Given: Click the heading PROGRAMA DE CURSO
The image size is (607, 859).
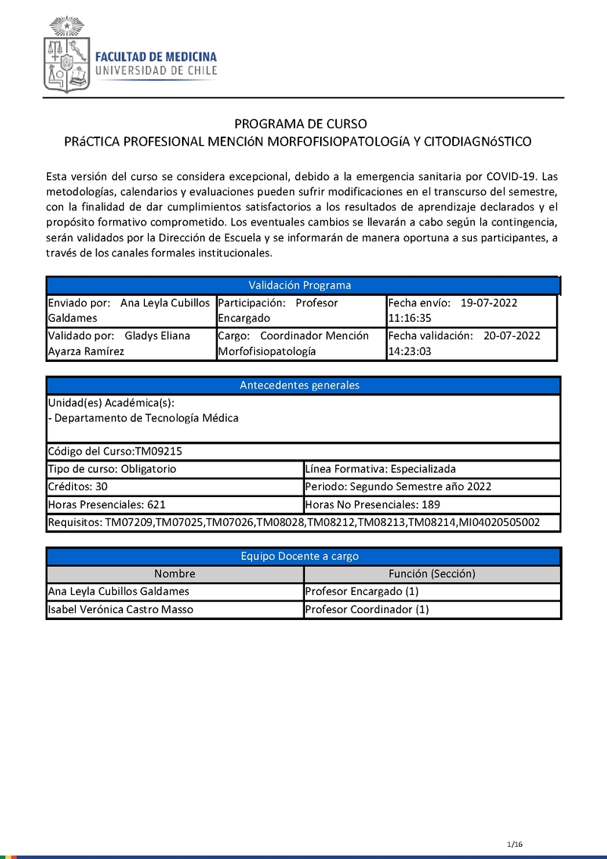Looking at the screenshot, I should pos(300,124).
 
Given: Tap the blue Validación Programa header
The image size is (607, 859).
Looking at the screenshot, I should pos(300,285).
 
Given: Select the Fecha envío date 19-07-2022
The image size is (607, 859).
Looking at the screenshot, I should pos(489,303).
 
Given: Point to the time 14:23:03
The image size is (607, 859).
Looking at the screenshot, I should pos(410,351).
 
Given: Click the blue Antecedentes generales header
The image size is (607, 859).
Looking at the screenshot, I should pos(300,385).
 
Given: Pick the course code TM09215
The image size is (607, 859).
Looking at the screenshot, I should pos(159,452).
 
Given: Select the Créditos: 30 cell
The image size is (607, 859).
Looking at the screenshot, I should pos(175,486).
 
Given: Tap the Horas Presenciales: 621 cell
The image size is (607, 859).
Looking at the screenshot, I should pos(175,505).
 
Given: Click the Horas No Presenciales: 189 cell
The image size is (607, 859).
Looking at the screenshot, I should pos(431,505).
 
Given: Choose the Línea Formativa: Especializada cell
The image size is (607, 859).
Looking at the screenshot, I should pos(431,469).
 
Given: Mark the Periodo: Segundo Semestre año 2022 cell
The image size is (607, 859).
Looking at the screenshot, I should pos(431,486).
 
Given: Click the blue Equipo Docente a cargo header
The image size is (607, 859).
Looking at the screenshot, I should pos(300,556).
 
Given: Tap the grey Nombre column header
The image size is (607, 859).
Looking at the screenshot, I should pos(175,574).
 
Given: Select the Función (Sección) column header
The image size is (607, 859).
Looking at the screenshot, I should pos(431,574).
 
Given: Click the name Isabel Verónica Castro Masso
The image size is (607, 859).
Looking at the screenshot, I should pos(121,609).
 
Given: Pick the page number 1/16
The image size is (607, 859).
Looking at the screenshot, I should pos(516,845).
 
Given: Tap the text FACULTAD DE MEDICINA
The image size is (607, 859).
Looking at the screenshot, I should pos(156,57).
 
